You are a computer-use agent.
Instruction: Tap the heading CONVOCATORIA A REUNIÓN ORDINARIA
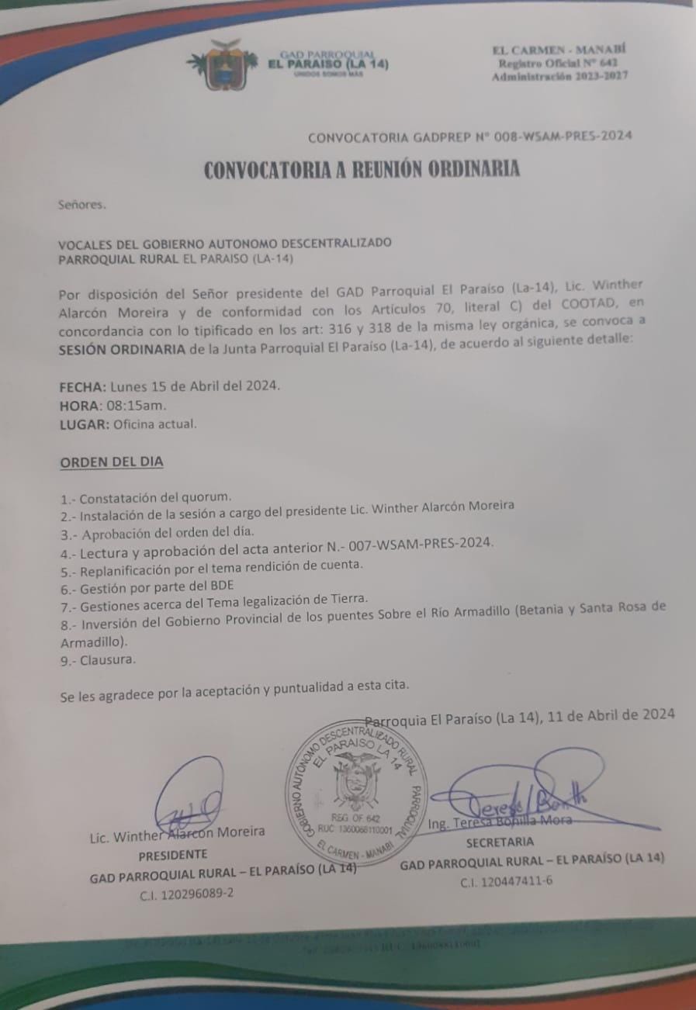coord(362,170)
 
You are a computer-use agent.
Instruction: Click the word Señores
coord(81,206)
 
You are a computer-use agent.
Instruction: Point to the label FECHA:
coord(83,386)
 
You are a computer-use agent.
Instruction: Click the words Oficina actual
coord(155,424)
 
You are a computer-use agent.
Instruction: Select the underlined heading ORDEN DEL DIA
coord(112,462)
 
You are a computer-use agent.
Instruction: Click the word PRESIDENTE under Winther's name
coord(172,854)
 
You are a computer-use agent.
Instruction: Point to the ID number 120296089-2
coord(186,893)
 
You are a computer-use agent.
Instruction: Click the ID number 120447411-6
coord(506,881)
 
